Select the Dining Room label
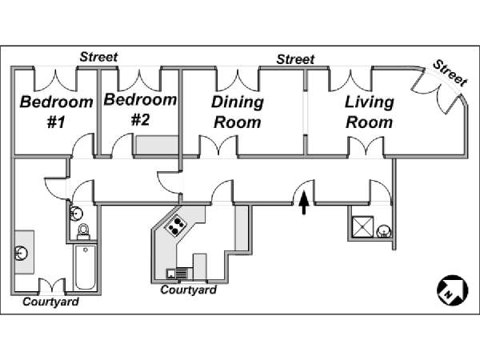(237, 112)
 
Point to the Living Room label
(369, 112)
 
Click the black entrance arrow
(304, 203)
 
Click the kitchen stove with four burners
(175, 226)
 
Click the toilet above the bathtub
(82, 232)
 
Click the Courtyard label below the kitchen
(189, 290)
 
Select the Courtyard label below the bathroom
(50, 302)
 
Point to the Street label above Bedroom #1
(98, 57)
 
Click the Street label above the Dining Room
(295, 59)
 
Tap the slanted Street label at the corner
(449, 71)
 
